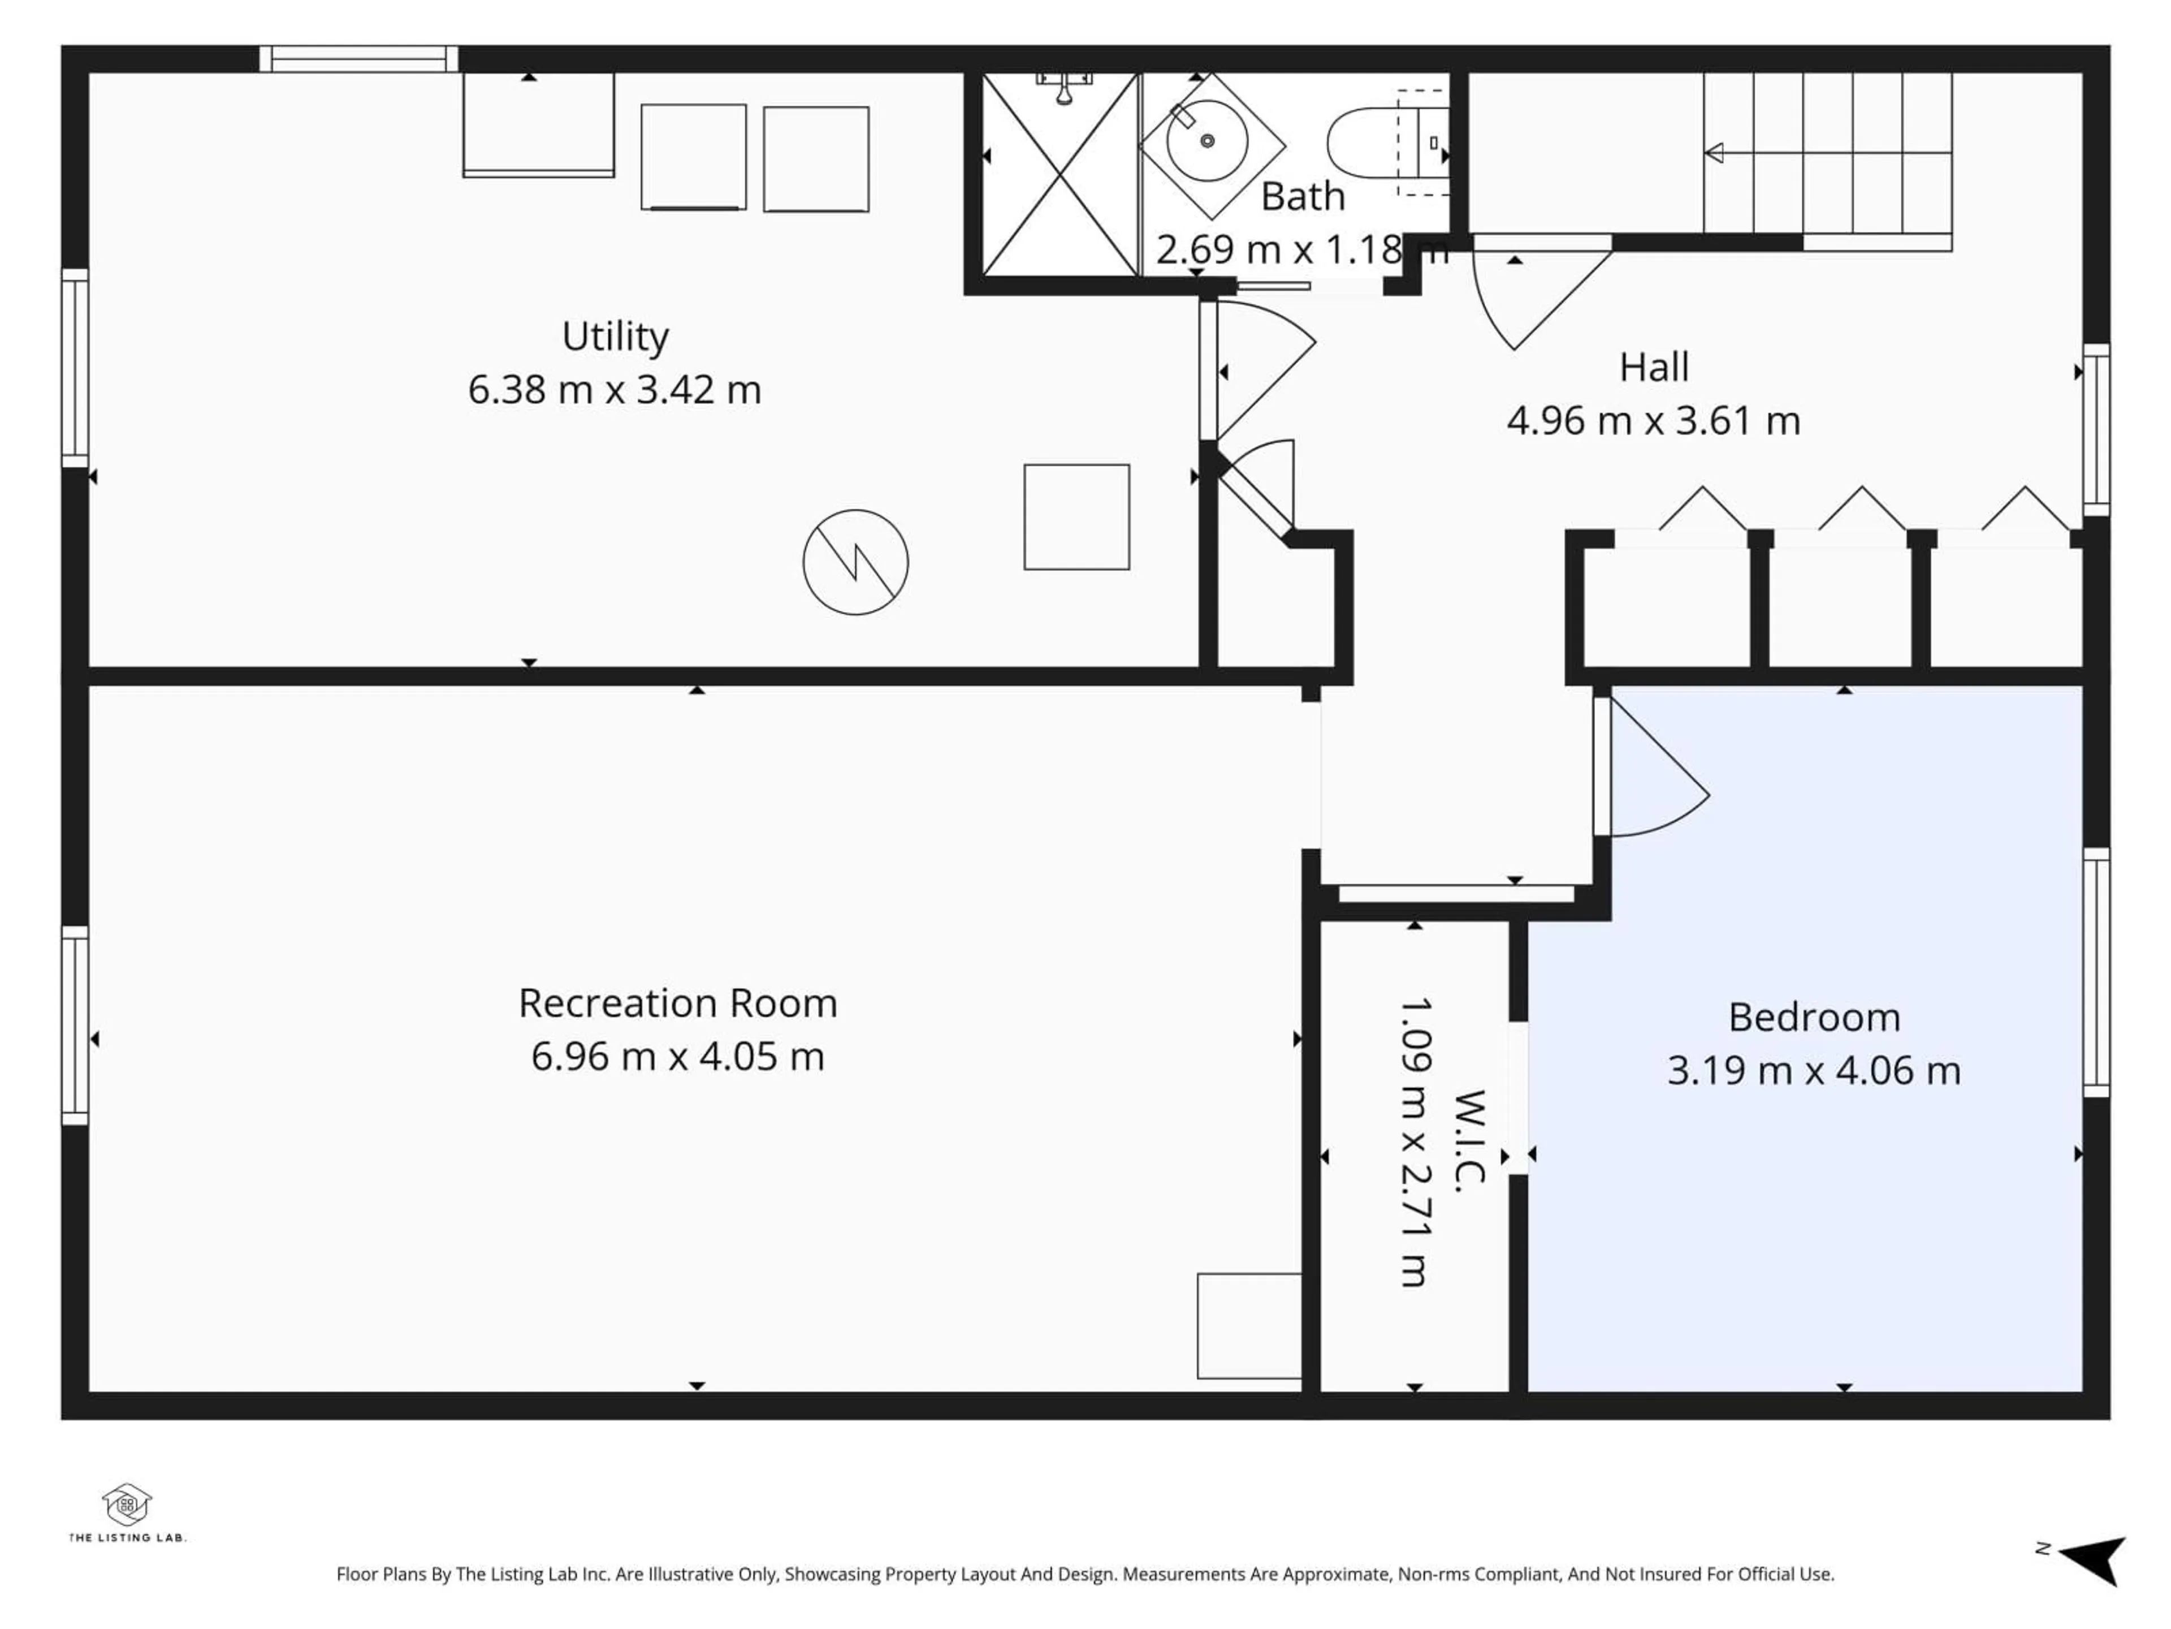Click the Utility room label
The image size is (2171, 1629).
click(615, 337)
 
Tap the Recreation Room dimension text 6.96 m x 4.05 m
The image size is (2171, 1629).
click(677, 1057)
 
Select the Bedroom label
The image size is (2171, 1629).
click(1814, 1017)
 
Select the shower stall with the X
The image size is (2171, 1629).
click(1060, 175)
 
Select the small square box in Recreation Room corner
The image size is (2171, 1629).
click(1248, 1326)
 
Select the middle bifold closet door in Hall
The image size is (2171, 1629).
click(1861, 511)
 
